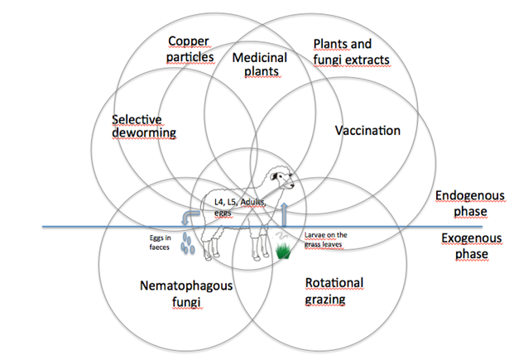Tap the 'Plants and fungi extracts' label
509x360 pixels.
point(351,51)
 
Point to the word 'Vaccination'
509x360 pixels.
point(367,131)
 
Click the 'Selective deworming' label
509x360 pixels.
point(145,125)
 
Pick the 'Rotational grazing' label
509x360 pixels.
point(334,290)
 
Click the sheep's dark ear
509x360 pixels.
point(267,175)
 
